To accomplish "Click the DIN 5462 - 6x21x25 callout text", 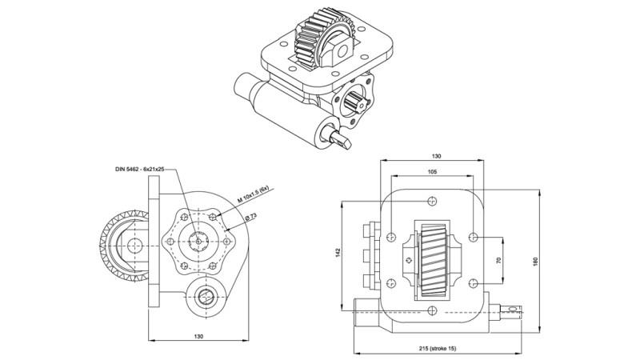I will click(140, 170).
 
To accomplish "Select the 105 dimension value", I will click(432, 171).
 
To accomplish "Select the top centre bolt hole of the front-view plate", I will click(432, 201).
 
